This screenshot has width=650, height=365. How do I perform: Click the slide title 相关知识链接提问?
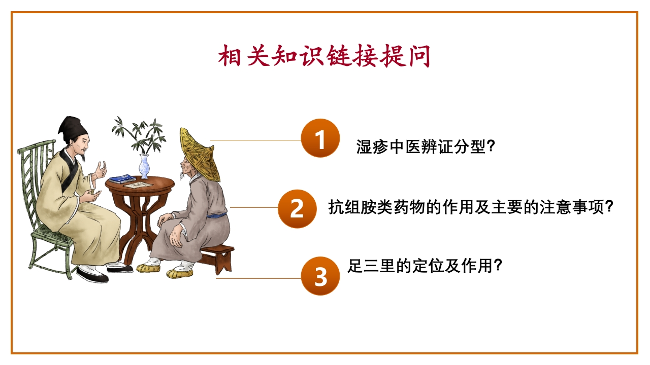(324, 56)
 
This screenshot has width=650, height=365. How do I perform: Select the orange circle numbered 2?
(297, 208)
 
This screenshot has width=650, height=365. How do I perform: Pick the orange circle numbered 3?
(320, 276)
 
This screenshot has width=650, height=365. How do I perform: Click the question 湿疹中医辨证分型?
(426, 147)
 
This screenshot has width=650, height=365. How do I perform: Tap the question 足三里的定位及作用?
(425, 266)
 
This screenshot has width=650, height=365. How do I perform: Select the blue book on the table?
(122, 179)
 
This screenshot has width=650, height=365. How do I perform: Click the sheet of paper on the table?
(138, 185)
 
